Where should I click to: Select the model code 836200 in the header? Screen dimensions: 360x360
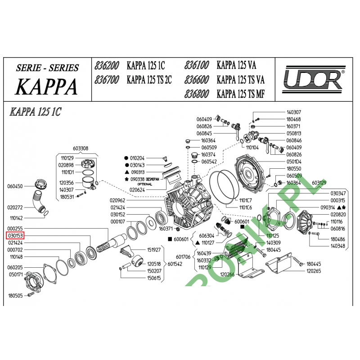click(x=107, y=66)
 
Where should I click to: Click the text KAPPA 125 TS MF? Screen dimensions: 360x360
click(x=240, y=94)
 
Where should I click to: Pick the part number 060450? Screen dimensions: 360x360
click(x=15, y=186)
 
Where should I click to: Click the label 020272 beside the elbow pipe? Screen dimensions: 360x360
click(x=15, y=207)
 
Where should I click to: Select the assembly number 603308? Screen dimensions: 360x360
click(x=81, y=148)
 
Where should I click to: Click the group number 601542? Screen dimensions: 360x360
click(x=175, y=264)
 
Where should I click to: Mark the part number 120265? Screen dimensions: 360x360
click(x=313, y=271)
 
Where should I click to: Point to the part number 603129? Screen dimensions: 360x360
click(x=319, y=183)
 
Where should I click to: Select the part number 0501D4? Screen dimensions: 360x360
click(x=294, y=161)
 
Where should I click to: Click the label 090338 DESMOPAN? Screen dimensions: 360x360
click(x=144, y=179)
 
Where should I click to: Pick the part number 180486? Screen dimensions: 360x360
click(x=337, y=239)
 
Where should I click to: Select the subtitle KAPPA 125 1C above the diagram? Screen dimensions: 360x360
click(x=35, y=112)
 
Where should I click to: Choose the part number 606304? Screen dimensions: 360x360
click(x=207, y=235)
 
